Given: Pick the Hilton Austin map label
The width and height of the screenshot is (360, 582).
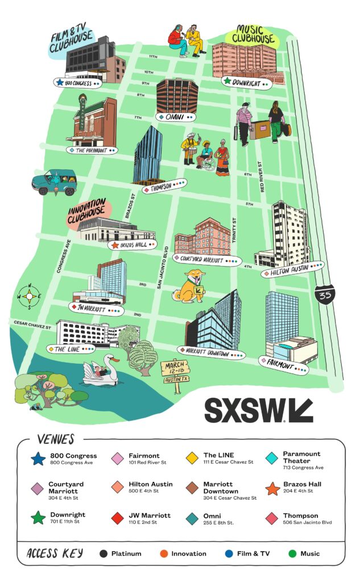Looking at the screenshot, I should (x=293, y=272).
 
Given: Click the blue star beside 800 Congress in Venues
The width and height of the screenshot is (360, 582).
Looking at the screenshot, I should (x=39, y=458).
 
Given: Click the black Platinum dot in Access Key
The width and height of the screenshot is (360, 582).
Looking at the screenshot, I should (x=103, y=553).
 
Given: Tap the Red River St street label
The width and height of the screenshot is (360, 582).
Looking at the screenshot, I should (x=262, y=177).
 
